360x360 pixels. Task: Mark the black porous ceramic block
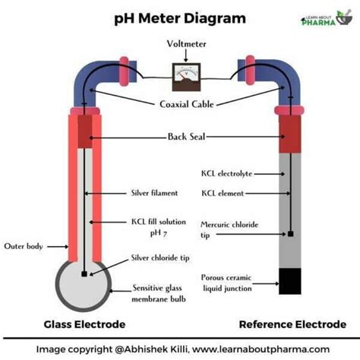click(291, 280)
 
